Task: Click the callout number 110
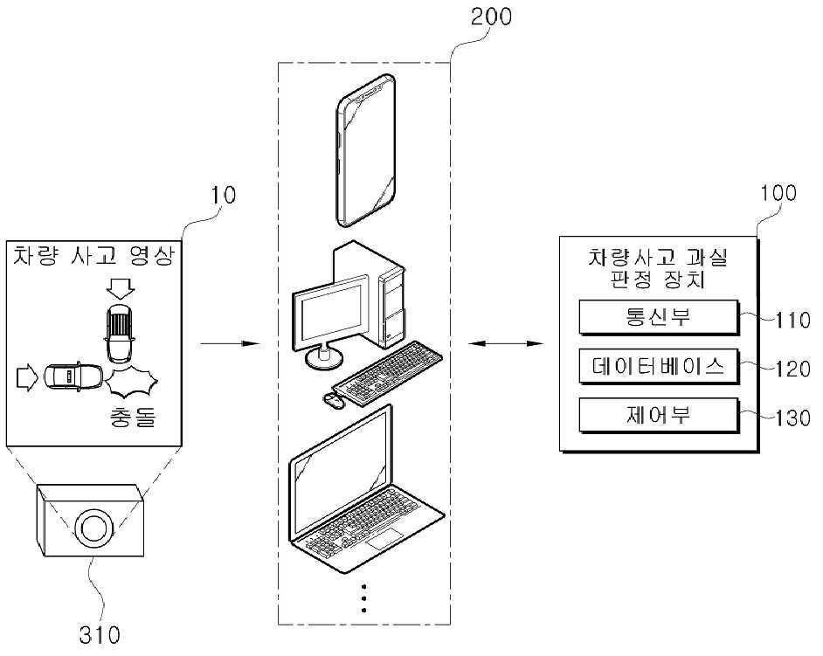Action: point(792,321)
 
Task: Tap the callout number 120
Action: point(792,369)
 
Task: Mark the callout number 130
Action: point(792,418)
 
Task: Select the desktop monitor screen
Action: point(332,310)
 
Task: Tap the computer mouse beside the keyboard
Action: point(332,400)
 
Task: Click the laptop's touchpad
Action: point(384,540)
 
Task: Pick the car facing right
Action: point(73,376)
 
